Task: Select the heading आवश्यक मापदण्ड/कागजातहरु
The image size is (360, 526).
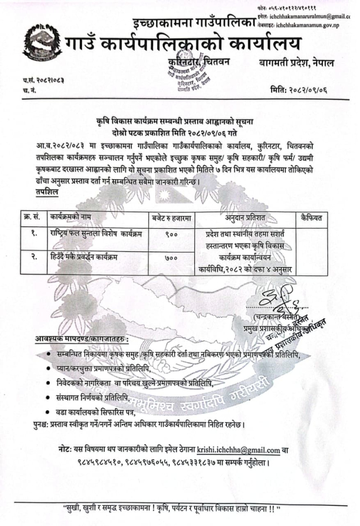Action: [x=81, y=338]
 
